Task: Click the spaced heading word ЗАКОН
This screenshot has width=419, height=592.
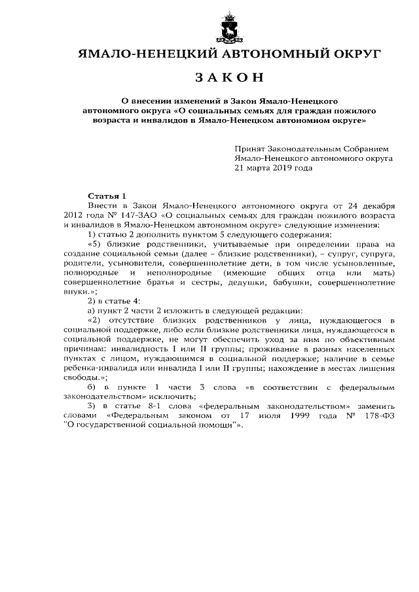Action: pyautogui.click(x=229, y=78)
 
